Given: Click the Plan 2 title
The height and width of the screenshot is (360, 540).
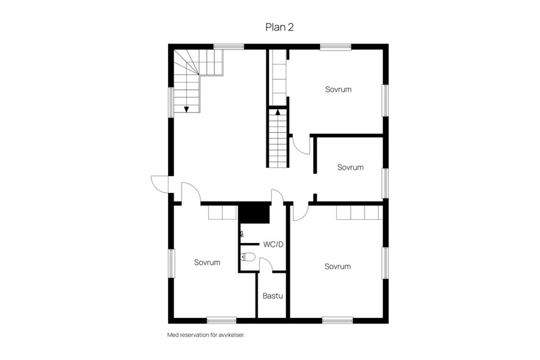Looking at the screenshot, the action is pyautogui.click(x=280, y=27).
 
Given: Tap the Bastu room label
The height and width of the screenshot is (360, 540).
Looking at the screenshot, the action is pyautogui.click(x=273, y=296).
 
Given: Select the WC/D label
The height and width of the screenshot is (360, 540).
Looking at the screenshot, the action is pyautogui.click(x=273, y=245).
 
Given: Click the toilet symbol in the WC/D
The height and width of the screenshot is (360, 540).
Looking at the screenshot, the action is pyautogui.click(x=247, y=256).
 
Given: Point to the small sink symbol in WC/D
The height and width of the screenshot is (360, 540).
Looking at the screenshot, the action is pyautogui.click(x=242, y=234).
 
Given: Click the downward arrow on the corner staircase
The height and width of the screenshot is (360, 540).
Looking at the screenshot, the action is pyautogui.click(x=186, y=109).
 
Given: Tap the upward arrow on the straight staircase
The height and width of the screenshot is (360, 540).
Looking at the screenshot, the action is pyautogui.click(x=277, y=111).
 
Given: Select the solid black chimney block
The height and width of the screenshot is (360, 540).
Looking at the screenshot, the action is pyautogui.click(x=254, y=214).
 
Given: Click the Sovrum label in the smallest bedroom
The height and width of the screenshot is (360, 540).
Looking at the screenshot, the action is pyautogui.click(x=350, y=168).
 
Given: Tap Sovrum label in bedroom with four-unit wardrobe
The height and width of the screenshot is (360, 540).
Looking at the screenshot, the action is pyautogui.click(x=337, y=267).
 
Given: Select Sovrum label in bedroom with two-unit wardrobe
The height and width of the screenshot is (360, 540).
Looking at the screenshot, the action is pyautogui.click(x=207, y=263).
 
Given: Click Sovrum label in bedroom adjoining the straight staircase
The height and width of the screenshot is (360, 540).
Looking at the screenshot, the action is pyautogui.click(x=338, y=89).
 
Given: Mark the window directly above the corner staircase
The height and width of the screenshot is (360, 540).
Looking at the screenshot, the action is pyautogui.click(x=229, y=47).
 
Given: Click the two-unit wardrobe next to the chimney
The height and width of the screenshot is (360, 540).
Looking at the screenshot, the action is pyautogui.click(x=223, y=213).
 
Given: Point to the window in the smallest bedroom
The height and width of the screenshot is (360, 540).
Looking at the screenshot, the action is pyautogui.click(x=386, y=183).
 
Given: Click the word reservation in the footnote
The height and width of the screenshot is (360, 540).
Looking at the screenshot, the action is pyautogui.click(x=195, y=335).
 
